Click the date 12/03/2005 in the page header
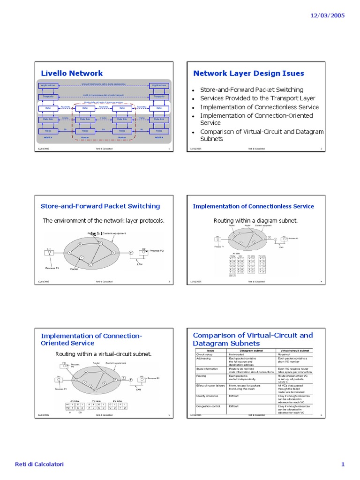327,15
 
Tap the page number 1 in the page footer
343,465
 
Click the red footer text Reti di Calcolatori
39,465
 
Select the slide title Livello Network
72,73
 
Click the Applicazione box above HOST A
48,85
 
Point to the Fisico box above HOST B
159,131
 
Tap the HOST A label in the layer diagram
48,138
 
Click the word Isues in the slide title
291,73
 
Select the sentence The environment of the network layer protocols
104,220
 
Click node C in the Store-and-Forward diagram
90,265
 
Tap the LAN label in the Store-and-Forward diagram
139,264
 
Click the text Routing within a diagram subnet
255,220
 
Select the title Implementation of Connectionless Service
253,206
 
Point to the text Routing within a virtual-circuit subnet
104,354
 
